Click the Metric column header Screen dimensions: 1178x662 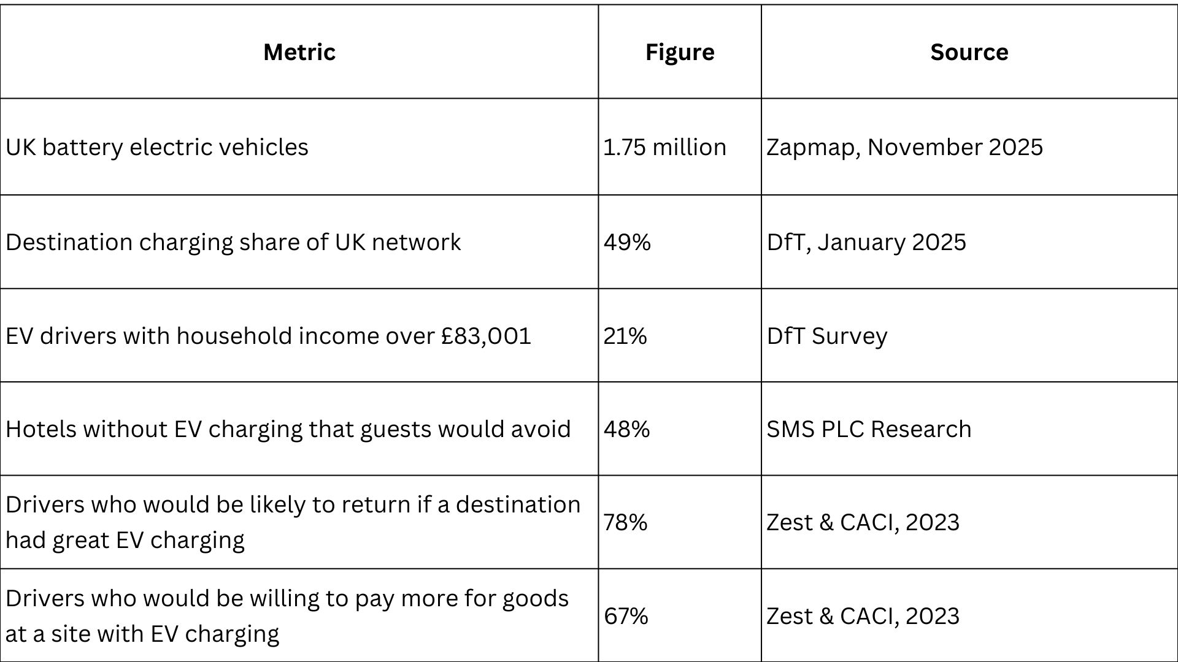pos(299,52)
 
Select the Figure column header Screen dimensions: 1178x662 pos(680,53)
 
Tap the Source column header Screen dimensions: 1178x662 pos(969,52)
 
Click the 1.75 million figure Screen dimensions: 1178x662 pos(664,147)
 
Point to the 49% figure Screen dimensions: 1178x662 pos(627,242)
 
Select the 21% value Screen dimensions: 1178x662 pos(625,336)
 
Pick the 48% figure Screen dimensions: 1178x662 pos(626,429)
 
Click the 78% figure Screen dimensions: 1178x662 pos(625,522)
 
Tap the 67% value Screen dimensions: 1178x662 pos(626,616)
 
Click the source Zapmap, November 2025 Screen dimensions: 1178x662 pos(904,148)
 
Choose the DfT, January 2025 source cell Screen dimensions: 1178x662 pos(866,243)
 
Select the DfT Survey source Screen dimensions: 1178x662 pos(826,337)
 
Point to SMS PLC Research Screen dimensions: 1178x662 pos(869,429)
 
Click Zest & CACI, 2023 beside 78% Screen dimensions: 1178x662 pos(863,523)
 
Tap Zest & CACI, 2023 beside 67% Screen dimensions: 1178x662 pos(863,617)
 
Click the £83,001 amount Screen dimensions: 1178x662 pos(486,337)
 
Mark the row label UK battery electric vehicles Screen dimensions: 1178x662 pos(157,148)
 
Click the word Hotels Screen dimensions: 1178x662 pos(42,429)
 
